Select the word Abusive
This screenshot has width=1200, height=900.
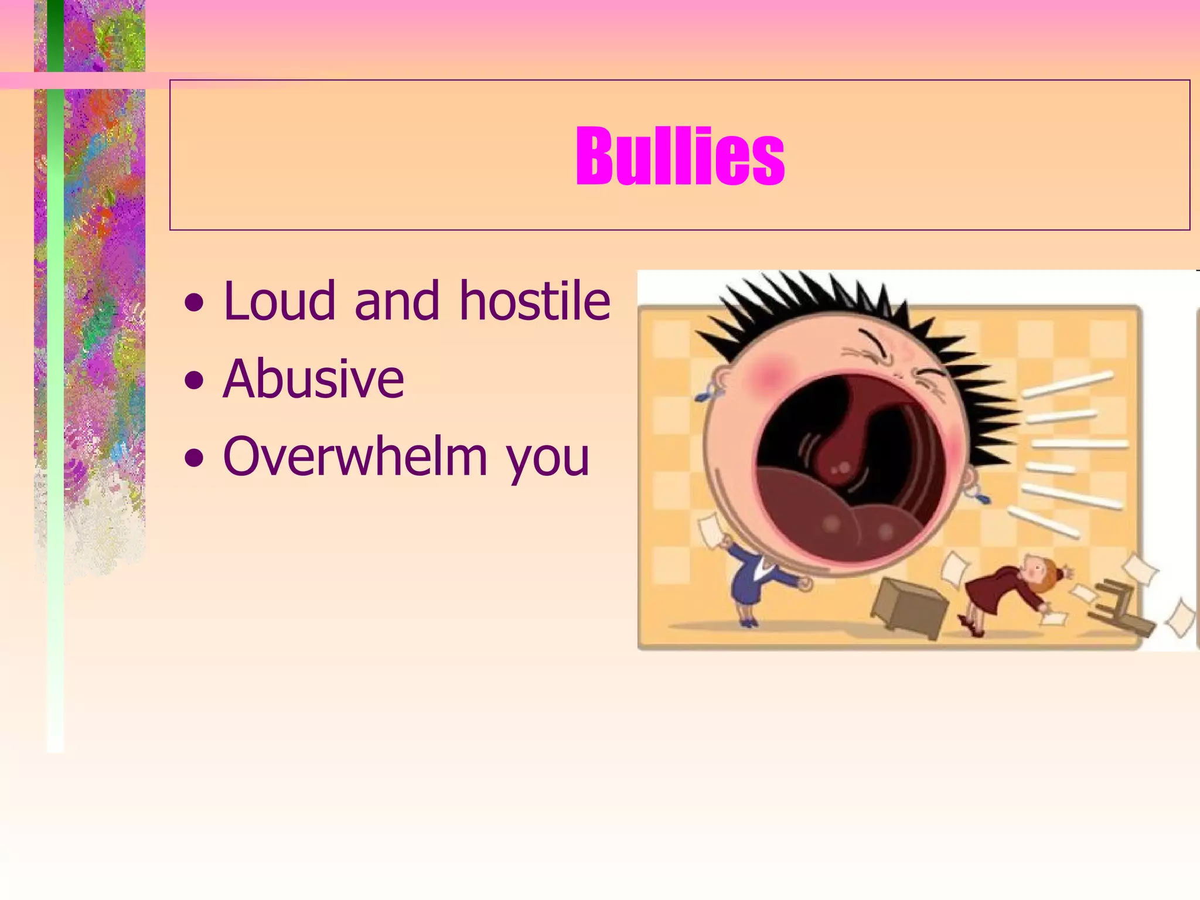313,379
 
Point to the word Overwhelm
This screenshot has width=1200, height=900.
355,456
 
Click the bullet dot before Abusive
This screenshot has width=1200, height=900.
194,381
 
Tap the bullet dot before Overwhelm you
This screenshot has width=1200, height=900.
194,459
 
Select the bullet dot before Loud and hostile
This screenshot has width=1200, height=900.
194,304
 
